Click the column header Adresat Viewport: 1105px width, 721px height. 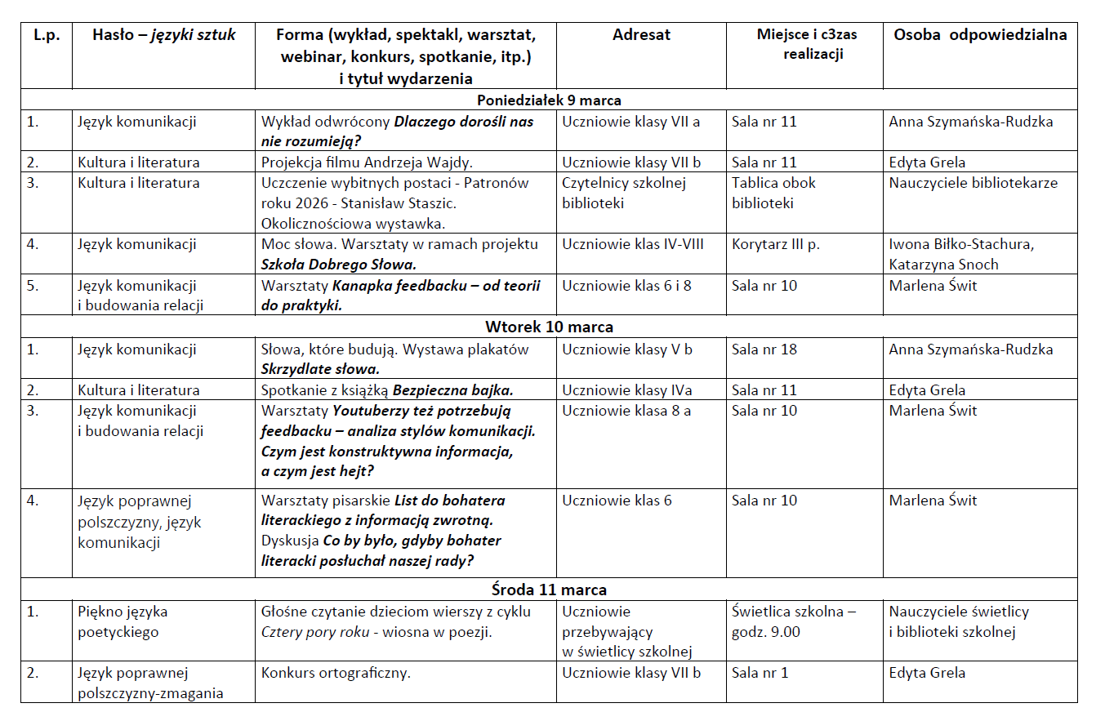click(x=641, y=35)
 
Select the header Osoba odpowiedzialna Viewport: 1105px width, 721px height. click(x=980, y=35)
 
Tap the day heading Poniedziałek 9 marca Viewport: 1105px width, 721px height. click(x=549, y=100)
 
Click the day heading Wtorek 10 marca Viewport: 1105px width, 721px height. click(x=549, y=327)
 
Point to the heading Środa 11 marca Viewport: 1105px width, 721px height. click(x=549, y=590)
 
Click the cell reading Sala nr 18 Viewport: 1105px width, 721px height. click(x=764, y=349)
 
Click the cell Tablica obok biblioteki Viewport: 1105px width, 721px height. click(x=773, y=193)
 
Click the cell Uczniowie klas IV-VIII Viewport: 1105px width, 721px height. click(x=632, y=244)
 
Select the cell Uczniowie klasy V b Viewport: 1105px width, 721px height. click(x=626, y=349)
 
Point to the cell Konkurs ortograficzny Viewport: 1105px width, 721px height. click(x=336, y=673)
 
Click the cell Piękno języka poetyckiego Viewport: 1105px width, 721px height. click(x=123, y=621)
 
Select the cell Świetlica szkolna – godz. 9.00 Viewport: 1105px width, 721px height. click(x=794, y=621)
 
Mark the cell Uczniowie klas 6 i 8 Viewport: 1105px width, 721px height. click(x=626, y=286)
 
